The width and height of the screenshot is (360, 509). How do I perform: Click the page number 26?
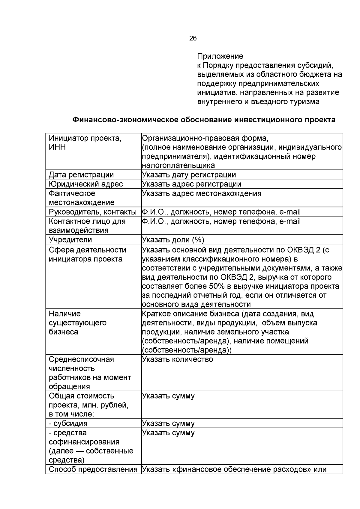tap(193, 38)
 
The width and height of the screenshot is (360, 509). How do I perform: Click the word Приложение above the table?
tap(220, 56)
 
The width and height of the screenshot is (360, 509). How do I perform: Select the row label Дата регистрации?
tap(81, 174)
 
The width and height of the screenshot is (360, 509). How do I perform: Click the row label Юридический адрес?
tap(86, 184)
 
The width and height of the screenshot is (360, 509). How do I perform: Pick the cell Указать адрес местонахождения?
tap(201, 193)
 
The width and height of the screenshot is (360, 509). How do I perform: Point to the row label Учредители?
tap(70, 240)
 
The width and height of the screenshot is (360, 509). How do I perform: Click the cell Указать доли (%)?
tap(173, 240)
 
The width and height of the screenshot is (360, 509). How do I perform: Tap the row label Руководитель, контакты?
tap(93, 212)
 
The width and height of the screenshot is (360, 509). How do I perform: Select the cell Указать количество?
tap(177, 359)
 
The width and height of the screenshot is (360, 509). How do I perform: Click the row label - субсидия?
tap(68, 423)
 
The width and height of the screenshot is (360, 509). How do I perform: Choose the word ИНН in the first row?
tap(57, 147)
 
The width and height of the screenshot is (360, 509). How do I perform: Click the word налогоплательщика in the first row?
tap(178, 165)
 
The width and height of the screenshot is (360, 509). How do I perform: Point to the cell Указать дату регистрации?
tap(189, 174)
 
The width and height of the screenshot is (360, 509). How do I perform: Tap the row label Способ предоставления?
tap(93, 469)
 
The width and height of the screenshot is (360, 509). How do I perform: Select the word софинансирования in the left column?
tap(84, 442)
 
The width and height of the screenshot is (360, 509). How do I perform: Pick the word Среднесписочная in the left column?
tap(81, 359)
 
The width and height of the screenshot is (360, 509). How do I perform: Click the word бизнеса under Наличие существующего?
tap(63, 332)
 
